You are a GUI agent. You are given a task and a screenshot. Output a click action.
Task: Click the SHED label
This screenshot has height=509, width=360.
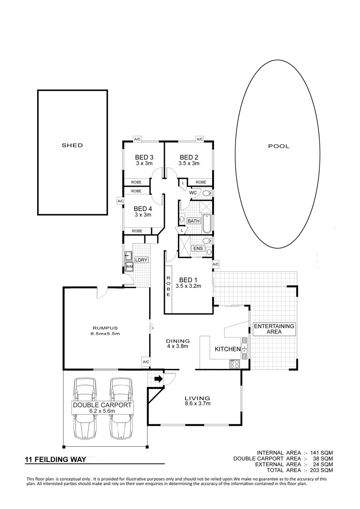(x=72, y=145)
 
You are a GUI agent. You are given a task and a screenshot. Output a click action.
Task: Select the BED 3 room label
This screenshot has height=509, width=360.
(x=144, y=157)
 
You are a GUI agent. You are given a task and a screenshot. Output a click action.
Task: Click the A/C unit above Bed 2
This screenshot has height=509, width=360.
(x=200, y=139)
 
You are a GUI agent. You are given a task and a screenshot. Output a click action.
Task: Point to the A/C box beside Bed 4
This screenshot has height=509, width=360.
(x=120, y=201)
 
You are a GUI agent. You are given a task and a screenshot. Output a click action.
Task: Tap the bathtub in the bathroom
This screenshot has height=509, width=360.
(x=207, y=224)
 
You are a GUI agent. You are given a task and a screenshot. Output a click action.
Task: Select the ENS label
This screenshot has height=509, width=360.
(x=198, y=248)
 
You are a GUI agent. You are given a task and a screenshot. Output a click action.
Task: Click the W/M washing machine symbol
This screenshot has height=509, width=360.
(x=129, y=266)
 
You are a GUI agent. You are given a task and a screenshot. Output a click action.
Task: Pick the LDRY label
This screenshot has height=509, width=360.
(x=141, y=260)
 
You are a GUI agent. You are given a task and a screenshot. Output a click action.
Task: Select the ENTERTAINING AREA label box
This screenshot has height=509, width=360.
(x=274, y=329)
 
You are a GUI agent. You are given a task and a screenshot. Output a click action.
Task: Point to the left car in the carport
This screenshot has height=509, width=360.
(x=85, y=409)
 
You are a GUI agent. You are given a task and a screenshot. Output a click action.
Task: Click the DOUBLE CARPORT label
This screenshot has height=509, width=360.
(x=102, y=405)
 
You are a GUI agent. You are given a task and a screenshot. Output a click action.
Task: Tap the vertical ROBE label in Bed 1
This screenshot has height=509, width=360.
(x=168, y=286)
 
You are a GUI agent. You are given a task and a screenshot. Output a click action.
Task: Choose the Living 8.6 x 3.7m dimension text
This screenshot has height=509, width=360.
(x=197, y=403)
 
